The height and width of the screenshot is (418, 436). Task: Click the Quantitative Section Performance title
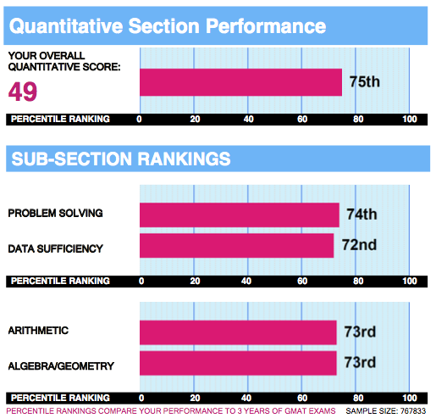click(x=168, y=26)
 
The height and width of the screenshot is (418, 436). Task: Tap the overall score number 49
click(x=23, y=92)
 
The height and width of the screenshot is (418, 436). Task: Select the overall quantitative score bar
click(x=240, y=82)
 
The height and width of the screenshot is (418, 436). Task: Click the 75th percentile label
click(x=365, y=81)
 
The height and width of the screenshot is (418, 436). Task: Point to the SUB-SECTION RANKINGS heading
click(x=121, y=159)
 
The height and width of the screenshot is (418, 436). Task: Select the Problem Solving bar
click(x=240, y=215)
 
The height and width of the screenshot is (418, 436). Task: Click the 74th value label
click(x=361, y=215)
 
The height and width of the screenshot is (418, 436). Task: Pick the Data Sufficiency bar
click(x=236, y=245)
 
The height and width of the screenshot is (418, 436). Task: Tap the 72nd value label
click(x=359, y=245)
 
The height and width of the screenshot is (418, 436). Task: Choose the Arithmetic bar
click(x=238, y=332)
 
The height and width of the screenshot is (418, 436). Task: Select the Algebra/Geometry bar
click(x=238, y=363)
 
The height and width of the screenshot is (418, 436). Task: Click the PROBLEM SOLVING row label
click(x=55, y=213)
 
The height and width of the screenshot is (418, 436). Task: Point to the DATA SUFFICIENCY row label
click(x=56, y=248)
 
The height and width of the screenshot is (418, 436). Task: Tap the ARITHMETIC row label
click(x=38, y=331)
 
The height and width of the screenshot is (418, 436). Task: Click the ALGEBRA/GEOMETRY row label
click(x=61, y=366)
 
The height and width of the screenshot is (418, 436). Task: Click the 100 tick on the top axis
click(x=410, y=119)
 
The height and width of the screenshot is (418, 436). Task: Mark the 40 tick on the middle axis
click(x=246, y=281)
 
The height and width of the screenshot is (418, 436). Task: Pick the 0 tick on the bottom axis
click(x=141, y=398)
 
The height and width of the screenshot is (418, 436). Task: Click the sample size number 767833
click(x=413, y=411)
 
